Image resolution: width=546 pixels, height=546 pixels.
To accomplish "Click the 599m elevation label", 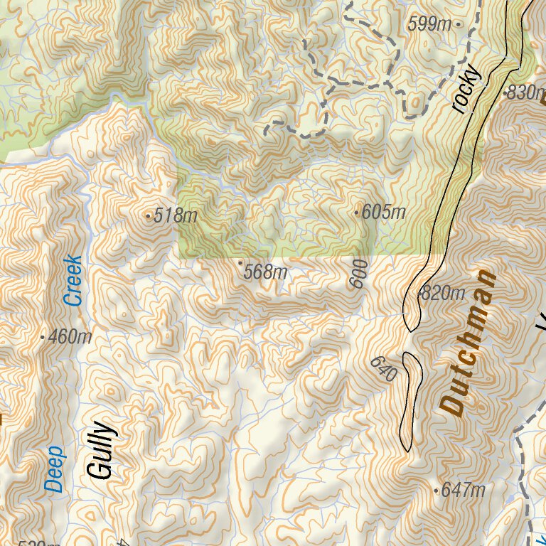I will pos(429,24).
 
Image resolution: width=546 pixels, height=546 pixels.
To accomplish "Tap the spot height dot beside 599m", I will pos(459,24).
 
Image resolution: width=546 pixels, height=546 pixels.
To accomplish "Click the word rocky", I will pos(466,92).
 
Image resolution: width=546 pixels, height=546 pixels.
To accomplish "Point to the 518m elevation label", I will pos(175,215).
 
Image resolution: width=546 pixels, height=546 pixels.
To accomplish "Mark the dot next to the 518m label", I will pos(148,215).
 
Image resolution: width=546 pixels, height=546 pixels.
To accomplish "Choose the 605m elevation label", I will pos(384,212).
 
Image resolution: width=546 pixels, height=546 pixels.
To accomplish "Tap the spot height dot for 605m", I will pos(357,212).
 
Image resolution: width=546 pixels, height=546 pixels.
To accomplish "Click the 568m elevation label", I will pos(265,272).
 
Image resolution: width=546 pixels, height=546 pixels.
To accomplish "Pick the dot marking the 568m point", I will pos(240,263).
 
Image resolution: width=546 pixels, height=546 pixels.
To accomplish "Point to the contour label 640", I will pos(382,370).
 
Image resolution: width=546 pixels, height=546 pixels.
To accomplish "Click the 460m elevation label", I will pos(70,337).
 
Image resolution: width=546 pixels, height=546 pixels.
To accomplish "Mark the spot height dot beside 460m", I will pos(43,337).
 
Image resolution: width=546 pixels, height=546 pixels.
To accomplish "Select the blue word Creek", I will pos(73,281).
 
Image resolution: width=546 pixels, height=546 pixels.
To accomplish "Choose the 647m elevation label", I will pos(463,490).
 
